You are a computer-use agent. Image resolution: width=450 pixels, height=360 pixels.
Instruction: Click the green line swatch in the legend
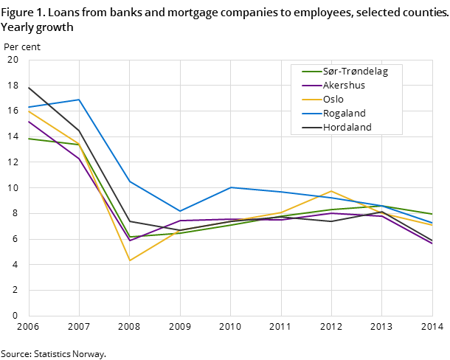(311, 72)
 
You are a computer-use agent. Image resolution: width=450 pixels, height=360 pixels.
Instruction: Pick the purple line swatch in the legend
(311, 86)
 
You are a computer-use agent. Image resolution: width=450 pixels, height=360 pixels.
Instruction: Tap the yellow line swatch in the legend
(311, 100)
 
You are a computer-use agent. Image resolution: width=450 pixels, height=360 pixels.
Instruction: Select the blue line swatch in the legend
(311, 114)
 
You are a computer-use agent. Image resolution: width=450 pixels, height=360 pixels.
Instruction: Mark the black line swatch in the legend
(311, 128)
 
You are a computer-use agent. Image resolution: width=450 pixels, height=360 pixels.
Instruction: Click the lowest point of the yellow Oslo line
(130, 260)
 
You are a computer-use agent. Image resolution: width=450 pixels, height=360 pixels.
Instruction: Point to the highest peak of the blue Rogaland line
(79, 100)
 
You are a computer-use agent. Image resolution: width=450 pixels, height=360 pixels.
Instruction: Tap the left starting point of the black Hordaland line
(29, 87)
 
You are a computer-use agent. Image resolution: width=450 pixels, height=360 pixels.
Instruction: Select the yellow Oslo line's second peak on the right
(331, 191)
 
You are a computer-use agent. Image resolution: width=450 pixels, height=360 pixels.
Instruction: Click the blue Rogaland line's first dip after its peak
(180, 211)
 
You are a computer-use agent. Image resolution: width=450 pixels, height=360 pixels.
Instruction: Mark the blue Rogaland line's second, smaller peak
(231, 187)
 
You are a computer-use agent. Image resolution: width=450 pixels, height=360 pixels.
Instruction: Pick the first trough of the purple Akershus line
(130, 240)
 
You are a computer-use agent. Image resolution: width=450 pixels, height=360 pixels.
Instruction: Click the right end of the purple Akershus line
(432, 244)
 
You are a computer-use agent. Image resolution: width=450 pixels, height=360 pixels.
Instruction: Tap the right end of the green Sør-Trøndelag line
(432, 214)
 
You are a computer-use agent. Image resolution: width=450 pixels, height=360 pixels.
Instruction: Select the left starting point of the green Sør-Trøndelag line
(29, 139)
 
